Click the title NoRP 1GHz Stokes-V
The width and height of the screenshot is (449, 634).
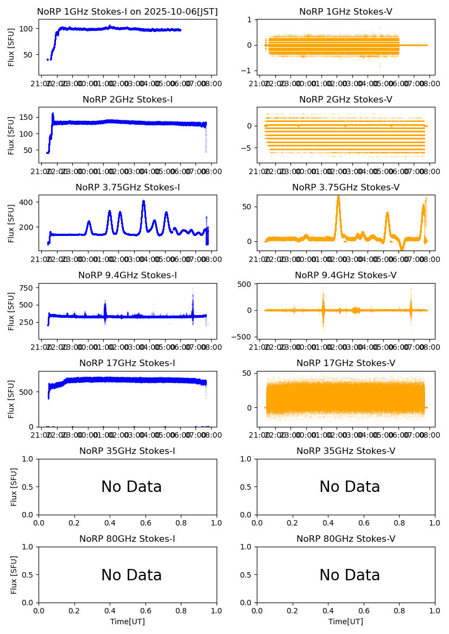coord(345,12)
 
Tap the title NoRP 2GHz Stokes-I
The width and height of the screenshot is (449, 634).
coord(128,100)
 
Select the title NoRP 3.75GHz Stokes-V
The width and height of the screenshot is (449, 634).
coord(345,188)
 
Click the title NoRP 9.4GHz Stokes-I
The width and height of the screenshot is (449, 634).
coord(128,276)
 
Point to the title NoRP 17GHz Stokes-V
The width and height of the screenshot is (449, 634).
coord(345,363)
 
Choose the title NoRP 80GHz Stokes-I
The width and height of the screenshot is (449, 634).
coord(128,539)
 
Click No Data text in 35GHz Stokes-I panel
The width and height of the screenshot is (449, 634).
coord(131,487)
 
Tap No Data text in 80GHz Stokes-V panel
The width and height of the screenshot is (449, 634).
coord(349,575)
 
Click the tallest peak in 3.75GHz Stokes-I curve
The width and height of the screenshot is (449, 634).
coord(143,201)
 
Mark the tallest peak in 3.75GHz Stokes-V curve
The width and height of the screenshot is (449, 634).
coord(338,196)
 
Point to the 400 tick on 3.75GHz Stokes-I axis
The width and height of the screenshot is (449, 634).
coord(28,202)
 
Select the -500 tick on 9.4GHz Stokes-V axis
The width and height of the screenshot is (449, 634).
coord(245,337)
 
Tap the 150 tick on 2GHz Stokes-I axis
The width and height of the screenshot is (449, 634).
coord(28,117)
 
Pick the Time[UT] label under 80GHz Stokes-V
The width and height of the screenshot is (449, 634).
coord(345,622)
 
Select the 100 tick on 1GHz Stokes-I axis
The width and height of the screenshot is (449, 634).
coord(28,28)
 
